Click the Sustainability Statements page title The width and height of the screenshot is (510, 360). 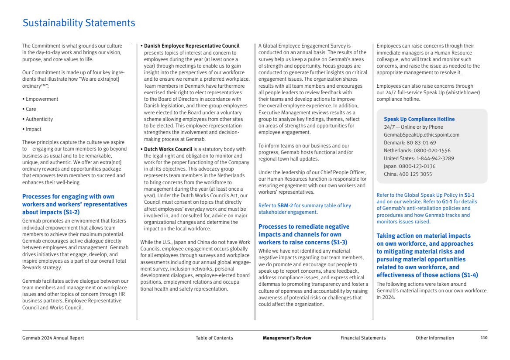click(x=79, y=23)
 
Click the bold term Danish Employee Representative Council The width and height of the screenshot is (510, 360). click(x=192, y=46)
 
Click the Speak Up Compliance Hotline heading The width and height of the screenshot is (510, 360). click(x=419, y=119)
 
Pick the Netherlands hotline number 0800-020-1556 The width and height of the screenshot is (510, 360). click(x=426, y=151)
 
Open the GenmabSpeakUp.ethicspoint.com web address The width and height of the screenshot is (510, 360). click(x=421, y=135)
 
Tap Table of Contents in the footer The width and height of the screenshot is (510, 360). click(x=214, y=338)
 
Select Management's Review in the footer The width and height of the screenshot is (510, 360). click(x=287, y=338)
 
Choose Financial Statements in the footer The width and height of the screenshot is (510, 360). click(x=363, y=338)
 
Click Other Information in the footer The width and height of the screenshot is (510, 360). click(x=434, y=338)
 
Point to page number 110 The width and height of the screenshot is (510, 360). click(x=484, y=338)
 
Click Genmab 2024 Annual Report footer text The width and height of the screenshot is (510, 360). click(x=53, y=338)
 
